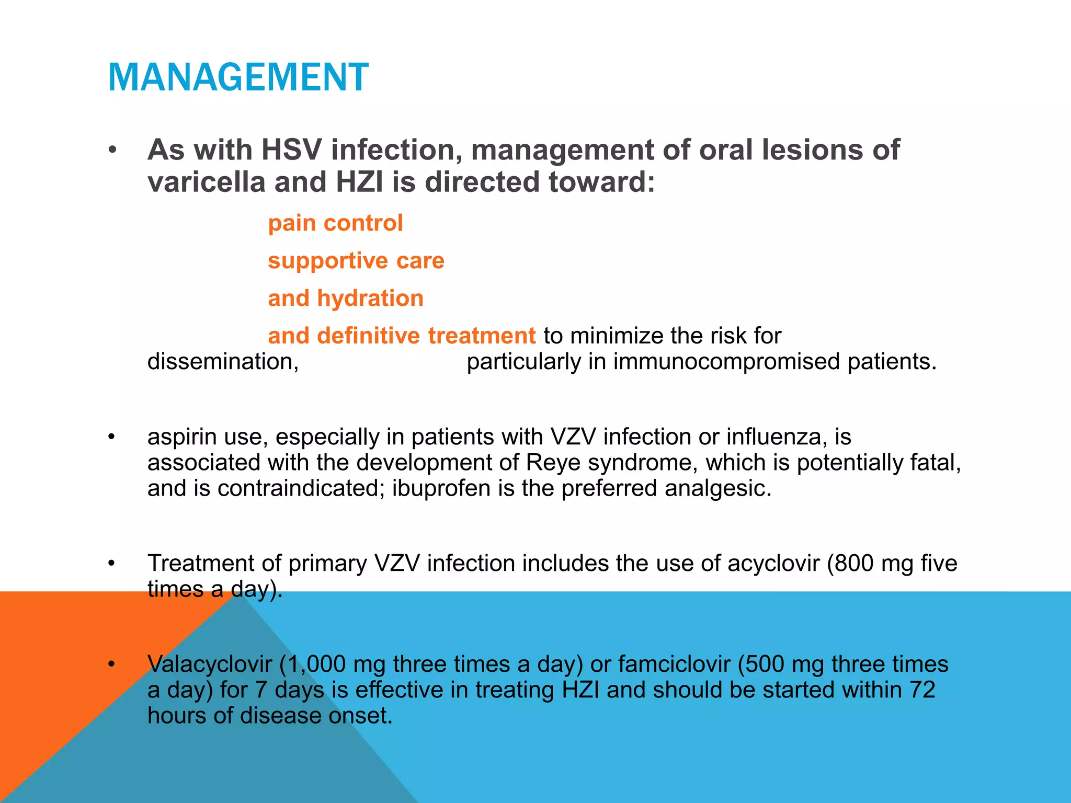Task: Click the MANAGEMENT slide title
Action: point(238,77)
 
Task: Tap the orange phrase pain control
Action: point(335,223)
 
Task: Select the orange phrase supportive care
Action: point(356,261)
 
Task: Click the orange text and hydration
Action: point(345,299)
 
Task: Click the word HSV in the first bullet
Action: point(291,150)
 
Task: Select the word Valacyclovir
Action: point(210,664)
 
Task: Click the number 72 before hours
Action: point(922,690)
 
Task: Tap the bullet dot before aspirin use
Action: point(111,437)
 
